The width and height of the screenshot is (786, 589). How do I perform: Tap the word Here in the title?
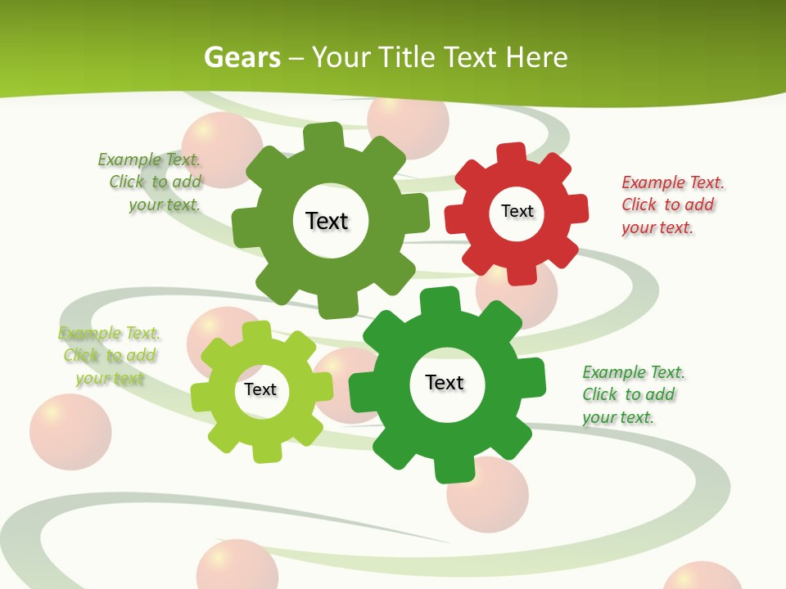click(536, 57)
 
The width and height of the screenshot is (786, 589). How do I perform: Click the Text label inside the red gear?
click(517, 211)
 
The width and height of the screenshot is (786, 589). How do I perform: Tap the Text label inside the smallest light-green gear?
click(260, 389)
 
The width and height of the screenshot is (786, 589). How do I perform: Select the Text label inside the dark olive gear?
click(327, 221)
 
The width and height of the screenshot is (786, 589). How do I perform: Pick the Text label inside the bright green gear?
click(445, 382)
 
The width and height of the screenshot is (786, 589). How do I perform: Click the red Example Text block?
click(672, 205)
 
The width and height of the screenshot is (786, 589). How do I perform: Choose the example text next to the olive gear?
click(152, 182)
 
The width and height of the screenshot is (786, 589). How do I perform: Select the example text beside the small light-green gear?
click(109, 355)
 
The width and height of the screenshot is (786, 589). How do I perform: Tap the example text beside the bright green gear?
click(633, 394)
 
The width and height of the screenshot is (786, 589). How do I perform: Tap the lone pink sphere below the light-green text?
click(70, 432)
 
